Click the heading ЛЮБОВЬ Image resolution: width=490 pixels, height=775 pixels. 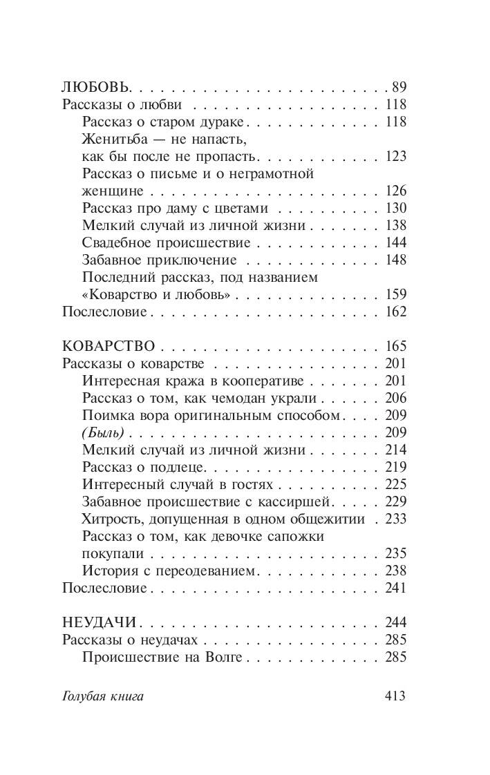95,87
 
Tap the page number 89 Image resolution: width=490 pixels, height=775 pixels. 399,87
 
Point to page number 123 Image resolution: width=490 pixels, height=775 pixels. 396,156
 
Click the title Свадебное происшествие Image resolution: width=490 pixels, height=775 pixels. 166,242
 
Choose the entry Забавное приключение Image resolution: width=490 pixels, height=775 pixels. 159,260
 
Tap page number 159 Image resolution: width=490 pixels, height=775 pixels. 396,294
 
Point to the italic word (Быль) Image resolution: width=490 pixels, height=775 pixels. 102,432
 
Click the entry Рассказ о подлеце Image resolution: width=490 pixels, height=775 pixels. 136,467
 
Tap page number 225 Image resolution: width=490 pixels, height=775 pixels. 396,484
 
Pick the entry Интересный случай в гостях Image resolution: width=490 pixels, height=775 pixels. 178,484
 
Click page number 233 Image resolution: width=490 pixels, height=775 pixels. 396,519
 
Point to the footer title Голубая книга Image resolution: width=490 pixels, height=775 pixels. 102,696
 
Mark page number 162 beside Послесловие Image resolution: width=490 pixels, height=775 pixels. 396,312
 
